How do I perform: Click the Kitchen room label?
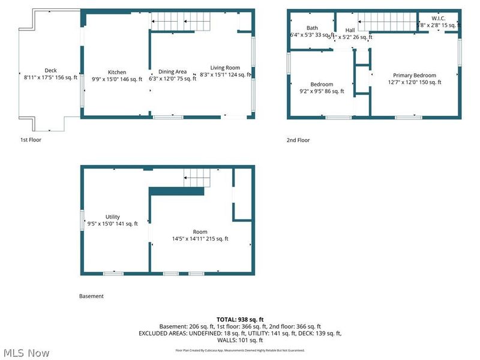[x=116, y=72]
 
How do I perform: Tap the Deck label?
[x=50, y=70]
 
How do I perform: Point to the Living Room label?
[x=225, y=68]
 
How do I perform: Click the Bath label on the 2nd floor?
[x=312, y=28]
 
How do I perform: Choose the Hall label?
[x=350, y=30]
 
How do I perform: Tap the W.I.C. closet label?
[x=439, y=19]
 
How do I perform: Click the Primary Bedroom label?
[x=415, y=76]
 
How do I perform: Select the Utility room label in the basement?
[x=113, y=217]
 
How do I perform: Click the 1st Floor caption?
[x=31, y=140]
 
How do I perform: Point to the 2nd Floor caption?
[x=298, y=140]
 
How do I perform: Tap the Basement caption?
[x=91, y=296]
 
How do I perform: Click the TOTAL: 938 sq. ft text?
[x=240, y=319]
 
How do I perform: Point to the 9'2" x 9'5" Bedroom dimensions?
[x=322, y=92]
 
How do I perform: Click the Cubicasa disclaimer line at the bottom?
[x=240, y=350]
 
